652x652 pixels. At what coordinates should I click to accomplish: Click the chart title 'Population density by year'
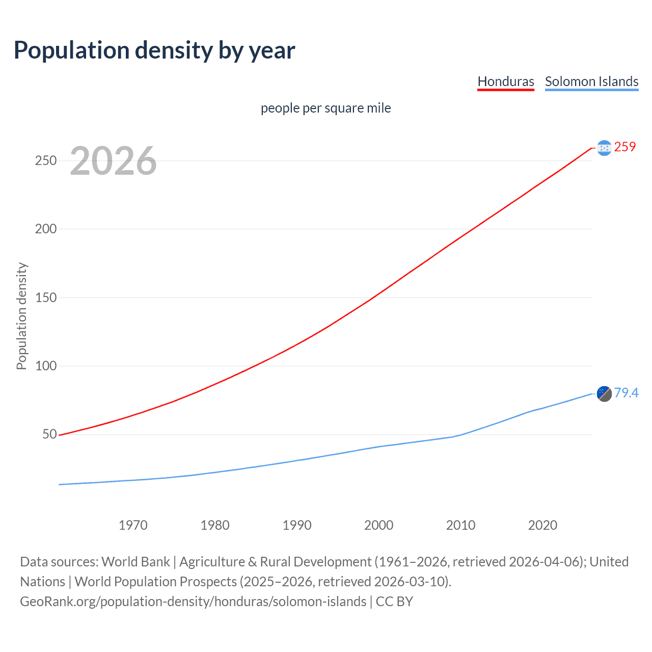(x=154, y=50)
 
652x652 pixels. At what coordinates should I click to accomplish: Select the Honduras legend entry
(x=505, y=81)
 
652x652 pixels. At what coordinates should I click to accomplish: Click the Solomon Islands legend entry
(x=591, y=81)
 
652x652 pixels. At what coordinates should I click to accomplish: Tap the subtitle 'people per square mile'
(x=325, y=108)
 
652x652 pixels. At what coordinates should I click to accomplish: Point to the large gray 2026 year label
(x=113, y=161)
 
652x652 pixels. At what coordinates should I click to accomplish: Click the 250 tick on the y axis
(x=45, y=160)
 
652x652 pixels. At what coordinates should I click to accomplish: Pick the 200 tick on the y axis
(x=45, y=229)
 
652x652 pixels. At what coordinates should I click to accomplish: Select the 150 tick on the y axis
(x=45, y=297)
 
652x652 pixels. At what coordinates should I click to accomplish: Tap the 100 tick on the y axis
(x=45, y=366)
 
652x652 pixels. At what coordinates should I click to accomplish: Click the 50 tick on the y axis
(x=49, y=434)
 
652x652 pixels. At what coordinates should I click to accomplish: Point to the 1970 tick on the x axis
(x=133, y=525)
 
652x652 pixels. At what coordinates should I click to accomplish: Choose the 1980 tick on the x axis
(x=215, y=525)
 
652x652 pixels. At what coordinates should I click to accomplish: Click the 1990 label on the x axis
(x=297, y=525)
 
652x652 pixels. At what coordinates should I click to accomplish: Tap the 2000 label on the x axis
(x=378, y=525)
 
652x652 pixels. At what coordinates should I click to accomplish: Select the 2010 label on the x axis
(x=460, y=525)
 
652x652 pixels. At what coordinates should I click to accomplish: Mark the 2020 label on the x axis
(x=542, y=525)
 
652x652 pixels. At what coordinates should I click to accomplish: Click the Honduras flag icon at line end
(x=604, y=148)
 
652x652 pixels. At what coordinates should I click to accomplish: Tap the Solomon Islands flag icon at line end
(x=604, y=394)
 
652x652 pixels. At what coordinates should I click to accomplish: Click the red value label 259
(x=625, y=147)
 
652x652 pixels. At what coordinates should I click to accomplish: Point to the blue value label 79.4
(x=626, y=393)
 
